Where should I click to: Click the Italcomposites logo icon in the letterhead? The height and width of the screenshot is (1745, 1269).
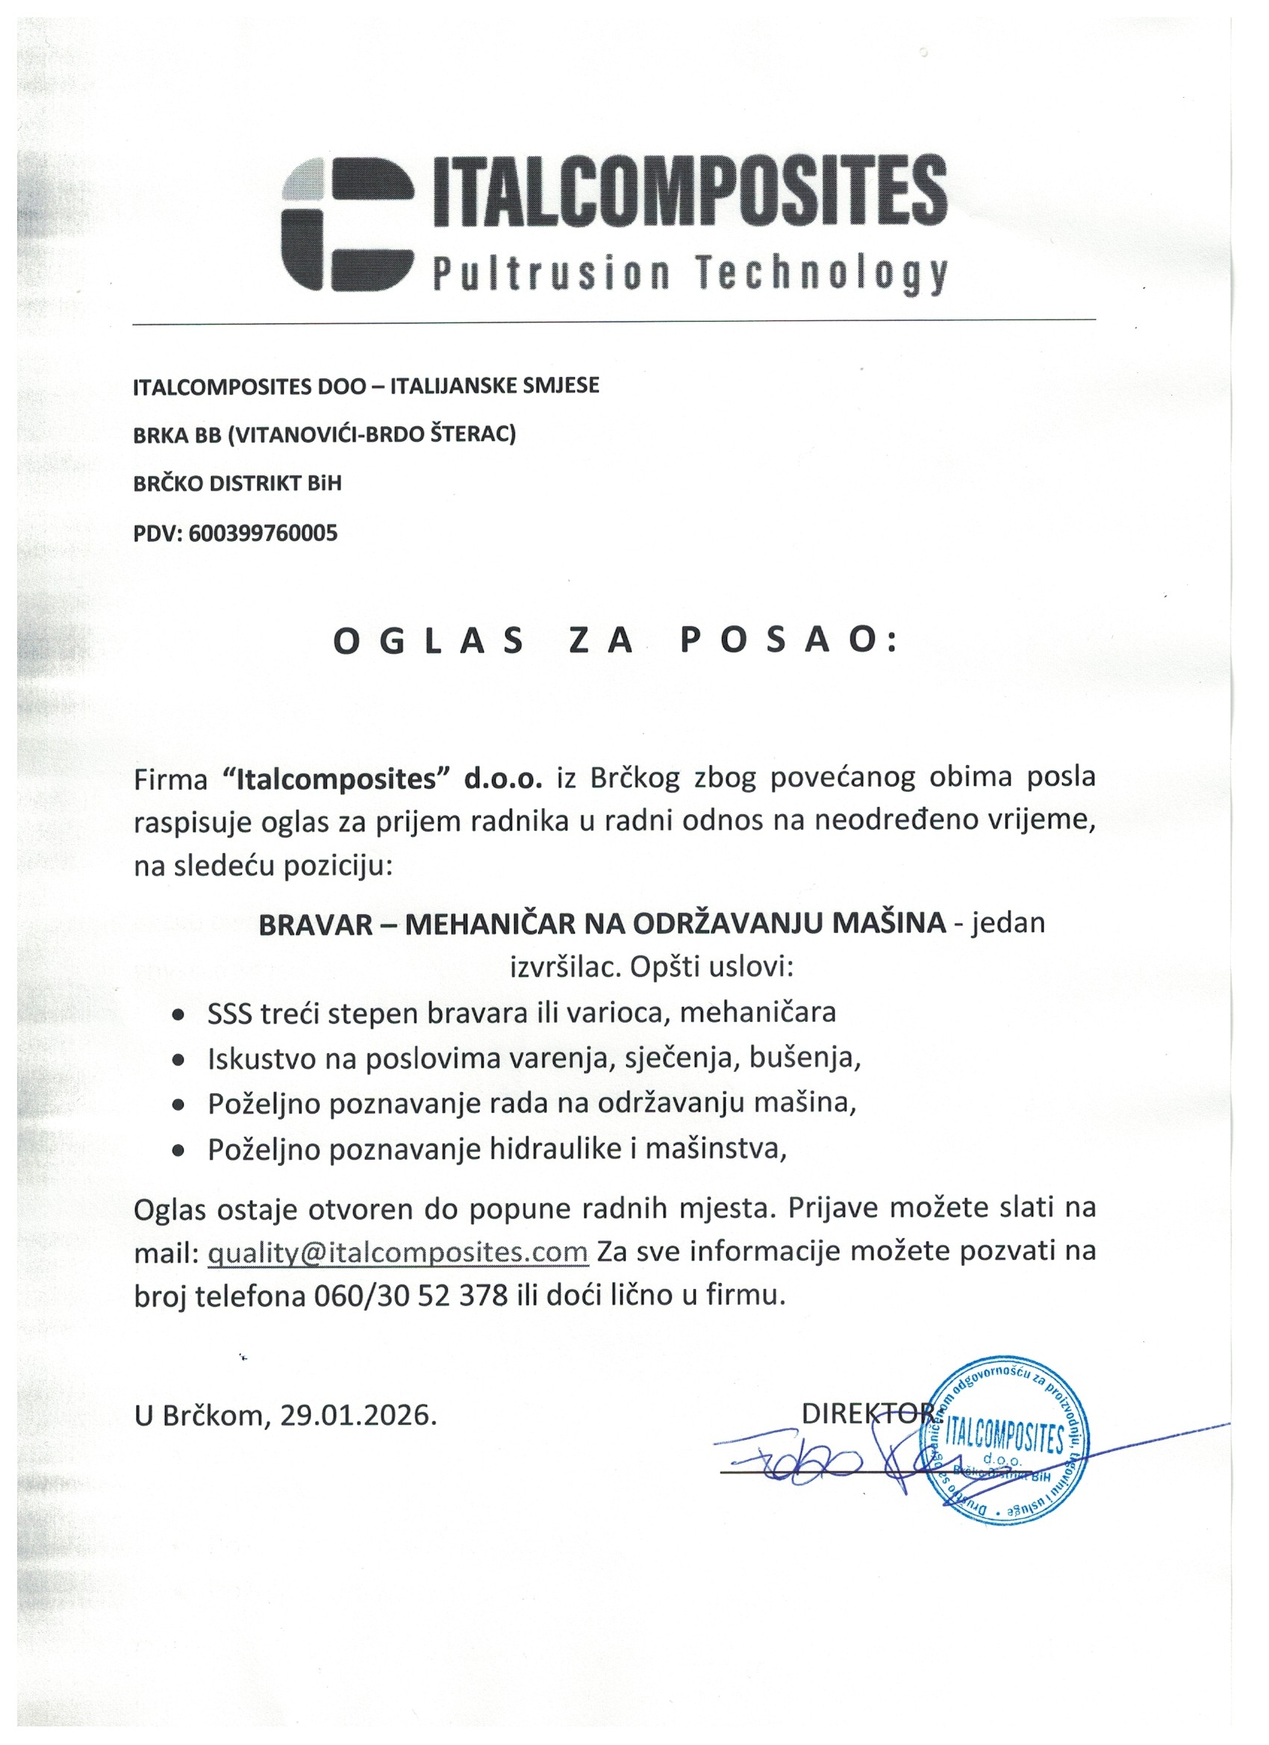(348, 222)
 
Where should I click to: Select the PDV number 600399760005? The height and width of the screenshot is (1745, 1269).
(262, 533)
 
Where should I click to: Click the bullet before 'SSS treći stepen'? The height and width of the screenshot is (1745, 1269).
(178, 1014)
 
